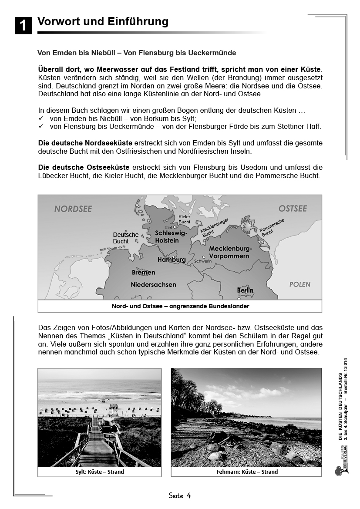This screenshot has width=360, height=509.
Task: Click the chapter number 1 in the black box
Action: tap(23, 25)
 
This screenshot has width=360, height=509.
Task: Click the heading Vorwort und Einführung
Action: tap(103, 21)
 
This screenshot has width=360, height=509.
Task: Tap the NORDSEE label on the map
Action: tap(73, 209)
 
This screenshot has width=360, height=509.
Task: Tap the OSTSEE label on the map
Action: tap(293, 209)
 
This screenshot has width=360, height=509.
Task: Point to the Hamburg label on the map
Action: tap(171, 260)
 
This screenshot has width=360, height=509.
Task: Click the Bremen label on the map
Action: tap(143, 273)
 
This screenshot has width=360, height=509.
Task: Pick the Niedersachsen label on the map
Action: tap(153, 284)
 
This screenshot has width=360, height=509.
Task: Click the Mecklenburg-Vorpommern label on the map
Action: tap(230, 252)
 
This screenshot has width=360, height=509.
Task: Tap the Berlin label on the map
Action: tap(245, 290)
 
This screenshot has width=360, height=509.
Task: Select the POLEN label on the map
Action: tap(300, 284)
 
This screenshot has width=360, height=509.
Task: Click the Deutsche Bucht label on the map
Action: tap(125, 238)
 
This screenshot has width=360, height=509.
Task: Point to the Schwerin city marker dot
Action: tap(203, 257)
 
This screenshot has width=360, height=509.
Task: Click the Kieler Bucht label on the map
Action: tap(184, 219)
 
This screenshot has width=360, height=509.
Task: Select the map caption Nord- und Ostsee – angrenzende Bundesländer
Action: tap(180, 306)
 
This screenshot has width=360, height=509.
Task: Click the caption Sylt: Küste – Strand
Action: tap(99, 472)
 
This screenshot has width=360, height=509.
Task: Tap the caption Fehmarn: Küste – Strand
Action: tap(247, 472)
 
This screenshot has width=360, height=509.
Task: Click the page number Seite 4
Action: tap(180, 496)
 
